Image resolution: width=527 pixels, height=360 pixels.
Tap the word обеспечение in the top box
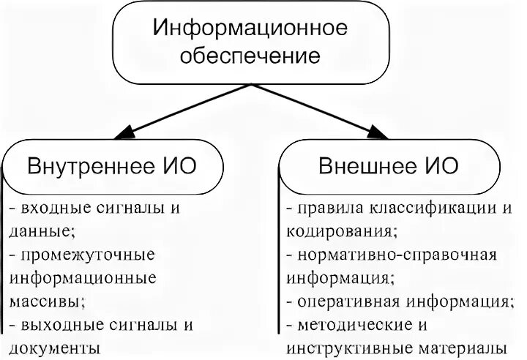coord(248,55)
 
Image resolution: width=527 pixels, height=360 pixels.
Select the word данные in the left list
coord(40,231)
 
